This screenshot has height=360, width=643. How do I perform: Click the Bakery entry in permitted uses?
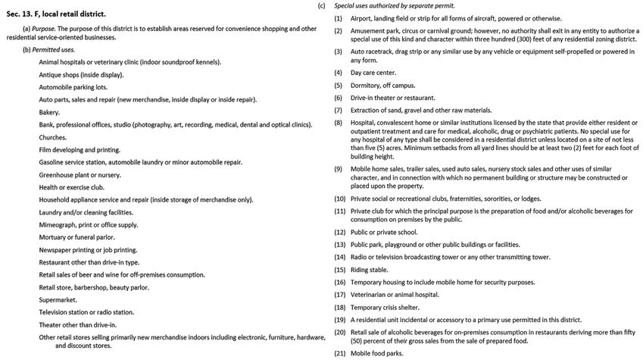point(50,112)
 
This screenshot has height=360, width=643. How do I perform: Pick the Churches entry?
point(54,137)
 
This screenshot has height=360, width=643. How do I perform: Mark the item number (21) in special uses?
point(339,353)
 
